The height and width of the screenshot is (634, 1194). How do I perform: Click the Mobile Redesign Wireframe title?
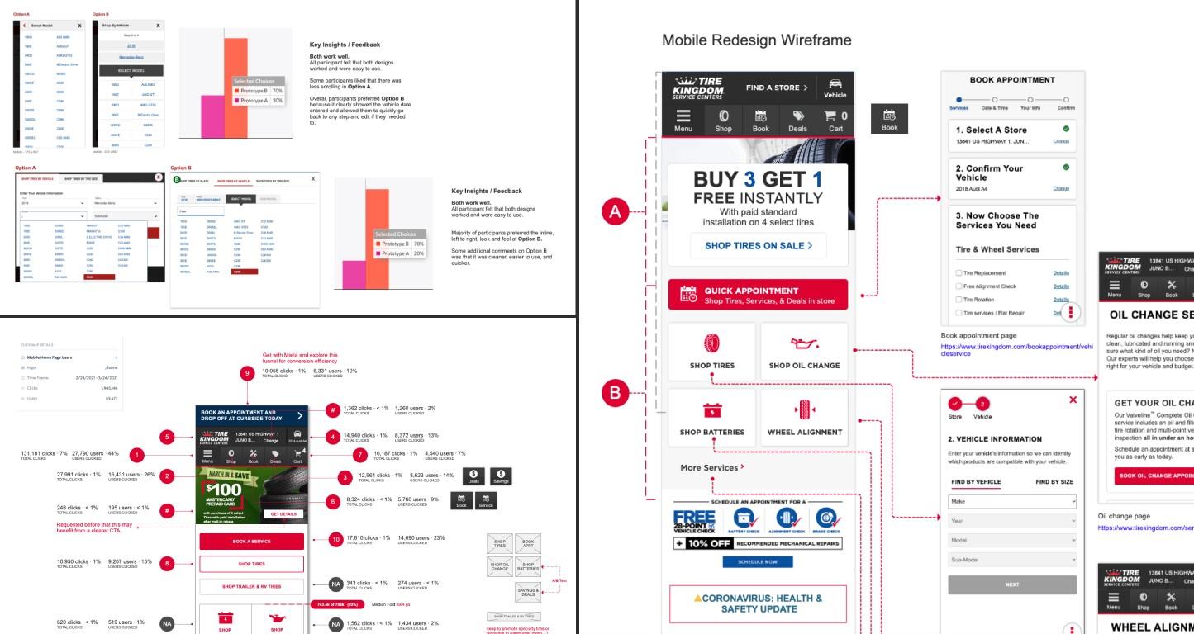click(x=756, y=40)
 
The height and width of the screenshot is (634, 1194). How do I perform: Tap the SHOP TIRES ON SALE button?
click(x=759, y=245)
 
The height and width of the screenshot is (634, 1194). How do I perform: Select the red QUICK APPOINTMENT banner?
click(x=759, y=295)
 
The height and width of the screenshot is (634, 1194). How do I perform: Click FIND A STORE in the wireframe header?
click(x=773, y=88)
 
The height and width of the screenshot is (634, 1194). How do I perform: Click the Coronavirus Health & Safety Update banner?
click(x=758, y=603)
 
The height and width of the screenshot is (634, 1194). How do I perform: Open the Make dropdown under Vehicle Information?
click(x=1012, y=501)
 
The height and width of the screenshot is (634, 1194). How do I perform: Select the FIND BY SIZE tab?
click(x=1054, y=481)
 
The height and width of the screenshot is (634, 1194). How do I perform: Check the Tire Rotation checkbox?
click(x=958, y=300)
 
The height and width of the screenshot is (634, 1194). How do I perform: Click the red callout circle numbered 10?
click(x=336, y=540)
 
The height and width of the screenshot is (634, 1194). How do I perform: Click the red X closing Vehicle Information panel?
click(x=1073, y=399)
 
